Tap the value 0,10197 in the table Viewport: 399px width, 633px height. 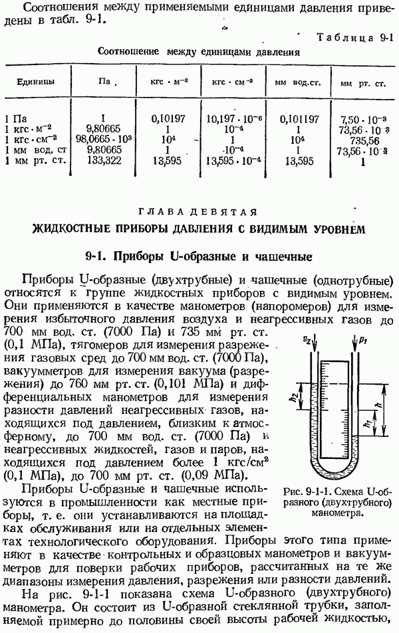coord(164,120)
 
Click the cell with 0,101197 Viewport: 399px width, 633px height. coord(295,120)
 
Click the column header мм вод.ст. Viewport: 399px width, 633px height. coord(295,84)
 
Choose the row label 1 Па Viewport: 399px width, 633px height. coord(17,120)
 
